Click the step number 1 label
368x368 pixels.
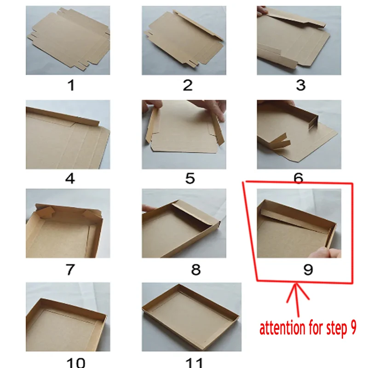pos(71,85)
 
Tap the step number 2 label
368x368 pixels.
pos(188,85)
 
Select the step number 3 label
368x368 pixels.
pos(301,85)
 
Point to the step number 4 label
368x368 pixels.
pos(70,178)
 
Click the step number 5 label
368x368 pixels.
pos(190,178)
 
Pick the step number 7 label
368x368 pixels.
pos(70,270)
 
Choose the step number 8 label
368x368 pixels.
pos(196,270)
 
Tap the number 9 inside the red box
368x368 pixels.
pos(308,270)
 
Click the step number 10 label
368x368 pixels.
pos(76,363)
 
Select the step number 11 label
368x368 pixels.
pos(194,363)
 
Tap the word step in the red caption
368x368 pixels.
pos(335,329)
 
